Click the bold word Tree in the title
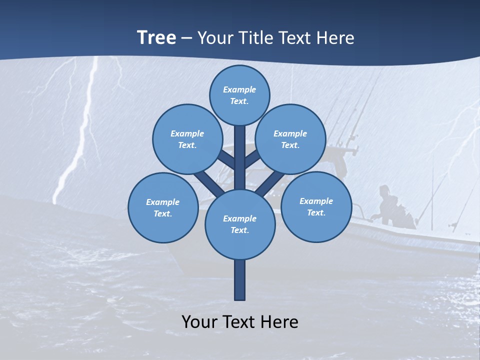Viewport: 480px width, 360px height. [156, 38]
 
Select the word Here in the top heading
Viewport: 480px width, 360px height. [335, 38]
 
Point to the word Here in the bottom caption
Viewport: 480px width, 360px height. [280, 322]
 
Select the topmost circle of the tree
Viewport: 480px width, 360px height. [239, 95]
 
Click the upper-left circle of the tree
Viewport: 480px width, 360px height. [187, 139]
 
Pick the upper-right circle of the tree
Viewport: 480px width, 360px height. [290, 139]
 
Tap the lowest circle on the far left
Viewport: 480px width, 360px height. [163, 207]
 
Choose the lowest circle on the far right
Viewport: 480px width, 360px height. [316, 206]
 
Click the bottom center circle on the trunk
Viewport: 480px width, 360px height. [240, 224]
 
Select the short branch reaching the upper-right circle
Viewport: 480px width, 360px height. [252, 160]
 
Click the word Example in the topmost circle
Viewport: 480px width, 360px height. [239, 89]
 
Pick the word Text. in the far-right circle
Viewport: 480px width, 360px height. [316, 212]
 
